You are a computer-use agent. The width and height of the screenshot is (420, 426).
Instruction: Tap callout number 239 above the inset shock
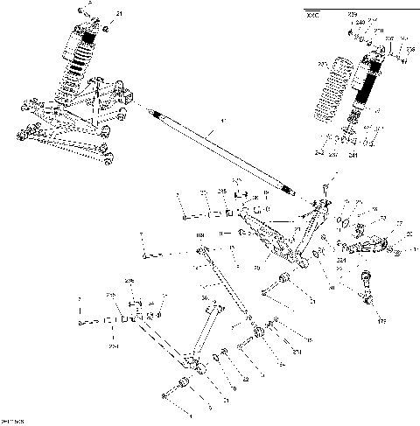pos(353,15)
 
